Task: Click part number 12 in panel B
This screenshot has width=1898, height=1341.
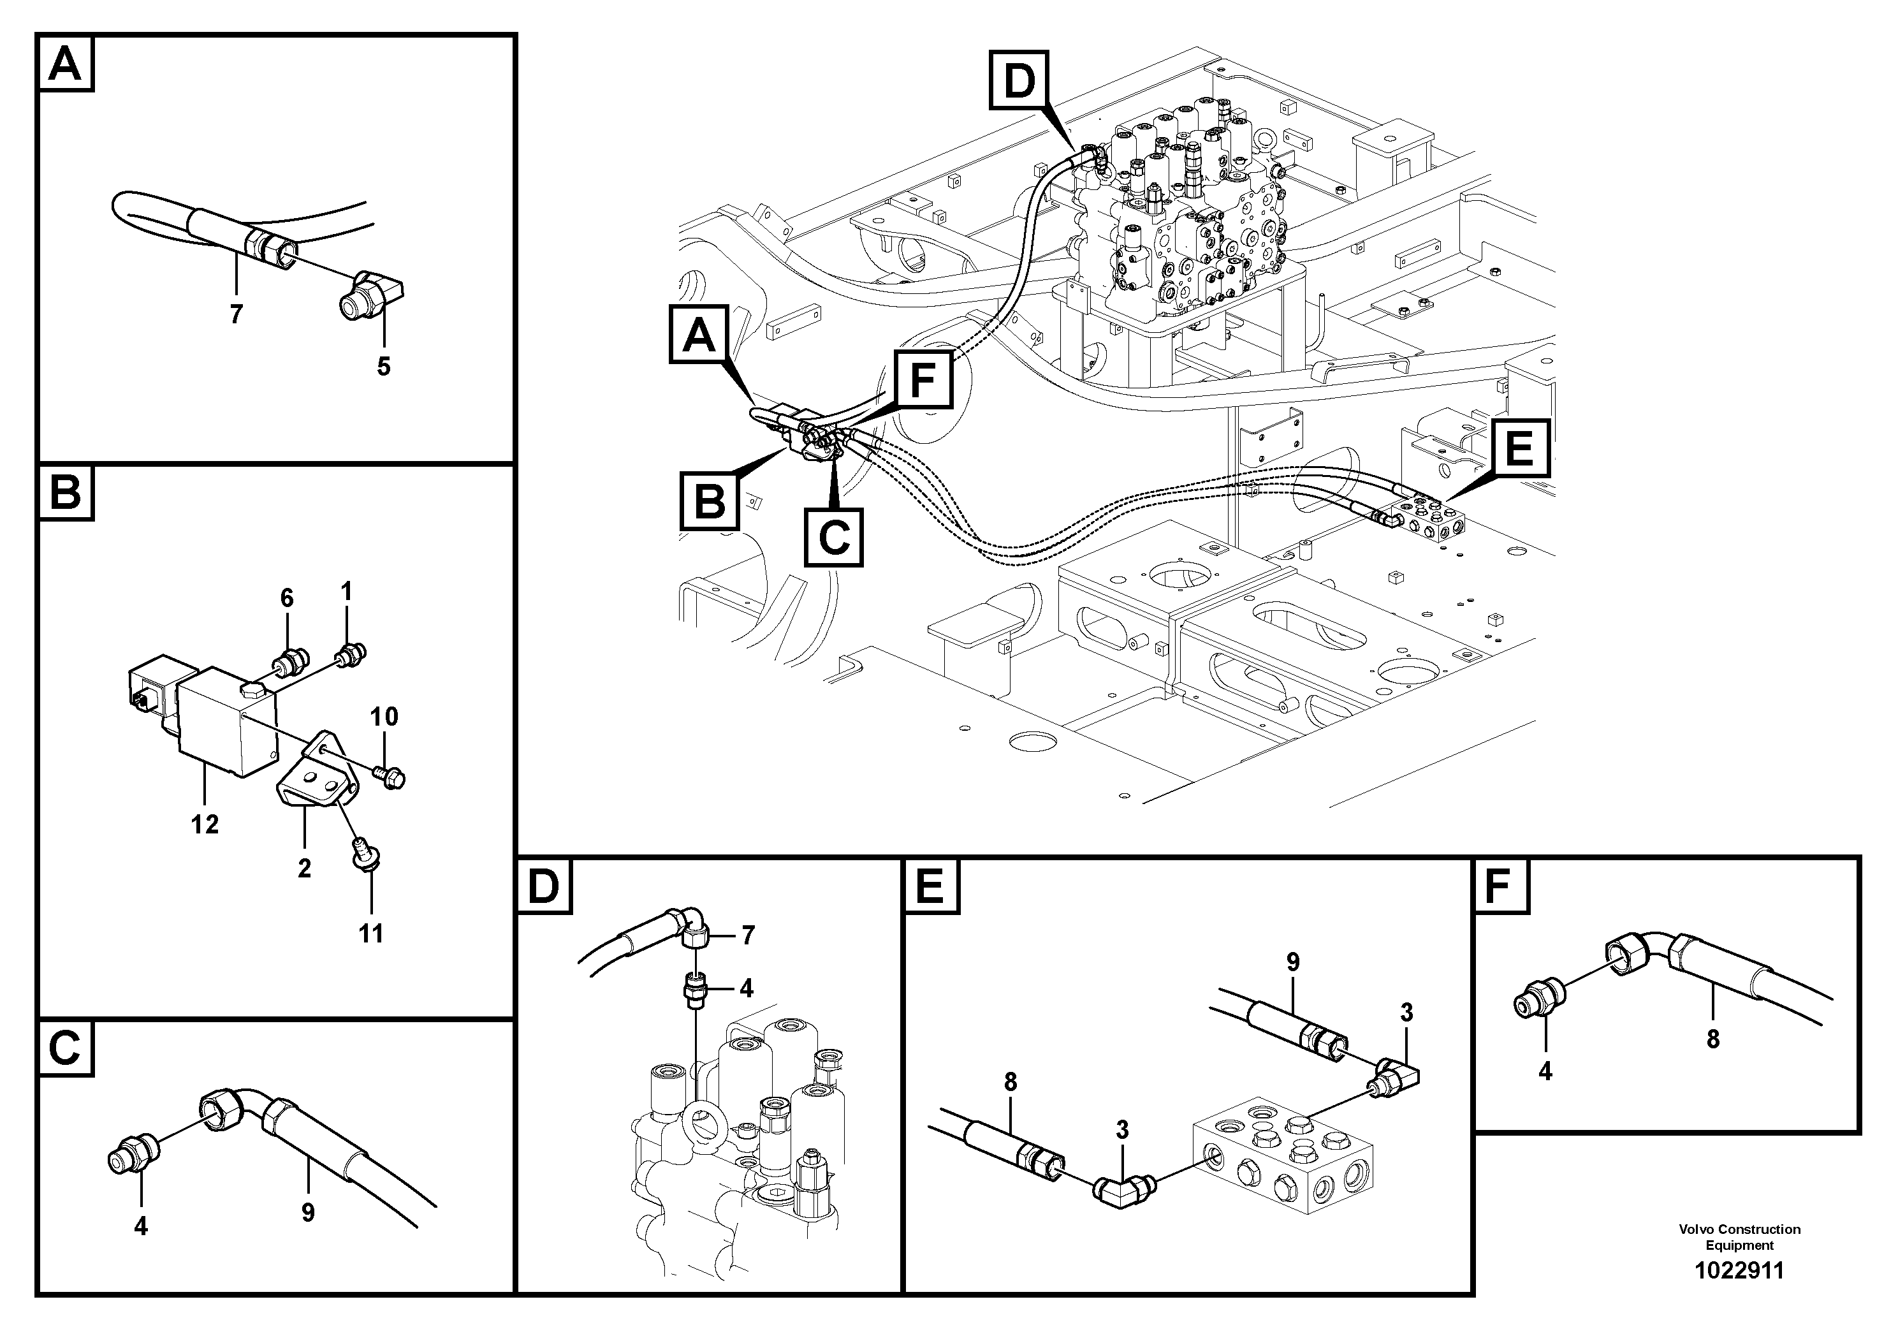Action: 205,824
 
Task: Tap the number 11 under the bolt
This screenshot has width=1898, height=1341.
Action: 371,934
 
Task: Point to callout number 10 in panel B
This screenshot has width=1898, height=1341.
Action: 384,717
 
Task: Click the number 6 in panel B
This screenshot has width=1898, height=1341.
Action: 287,597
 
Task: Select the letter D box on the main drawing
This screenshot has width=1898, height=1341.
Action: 1018,80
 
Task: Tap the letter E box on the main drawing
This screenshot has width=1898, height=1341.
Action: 1519,449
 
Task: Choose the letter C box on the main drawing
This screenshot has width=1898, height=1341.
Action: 834,538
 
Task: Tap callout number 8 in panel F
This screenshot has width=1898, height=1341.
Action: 1713,1039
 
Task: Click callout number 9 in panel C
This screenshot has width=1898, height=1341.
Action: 307,1213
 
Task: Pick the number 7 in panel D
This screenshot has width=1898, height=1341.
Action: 747,935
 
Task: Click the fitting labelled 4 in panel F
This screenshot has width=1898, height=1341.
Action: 1538,1004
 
